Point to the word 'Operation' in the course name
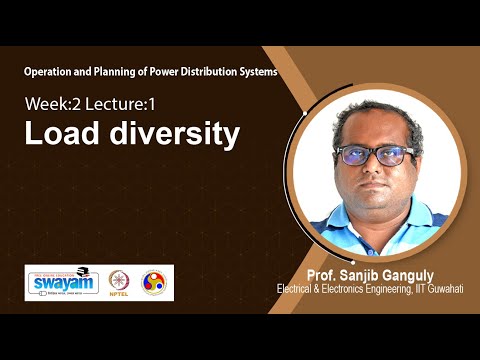(50, 73)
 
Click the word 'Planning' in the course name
(123, 73)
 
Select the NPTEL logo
(125, 283)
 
